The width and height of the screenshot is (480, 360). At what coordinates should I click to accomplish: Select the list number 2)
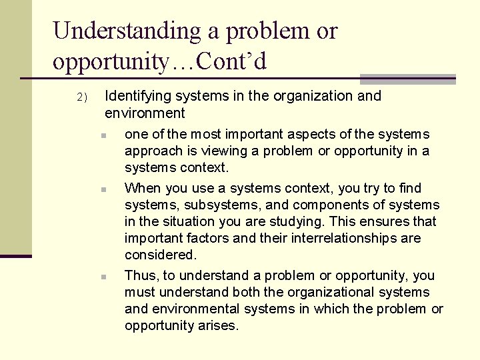click(x=81, y=97)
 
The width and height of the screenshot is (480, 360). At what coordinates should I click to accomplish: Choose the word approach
click(x=151, y=151)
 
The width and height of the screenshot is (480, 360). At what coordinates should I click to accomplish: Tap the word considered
click(x=161, y=255)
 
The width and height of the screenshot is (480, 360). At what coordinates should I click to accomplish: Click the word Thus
click(x=139, y=275)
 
